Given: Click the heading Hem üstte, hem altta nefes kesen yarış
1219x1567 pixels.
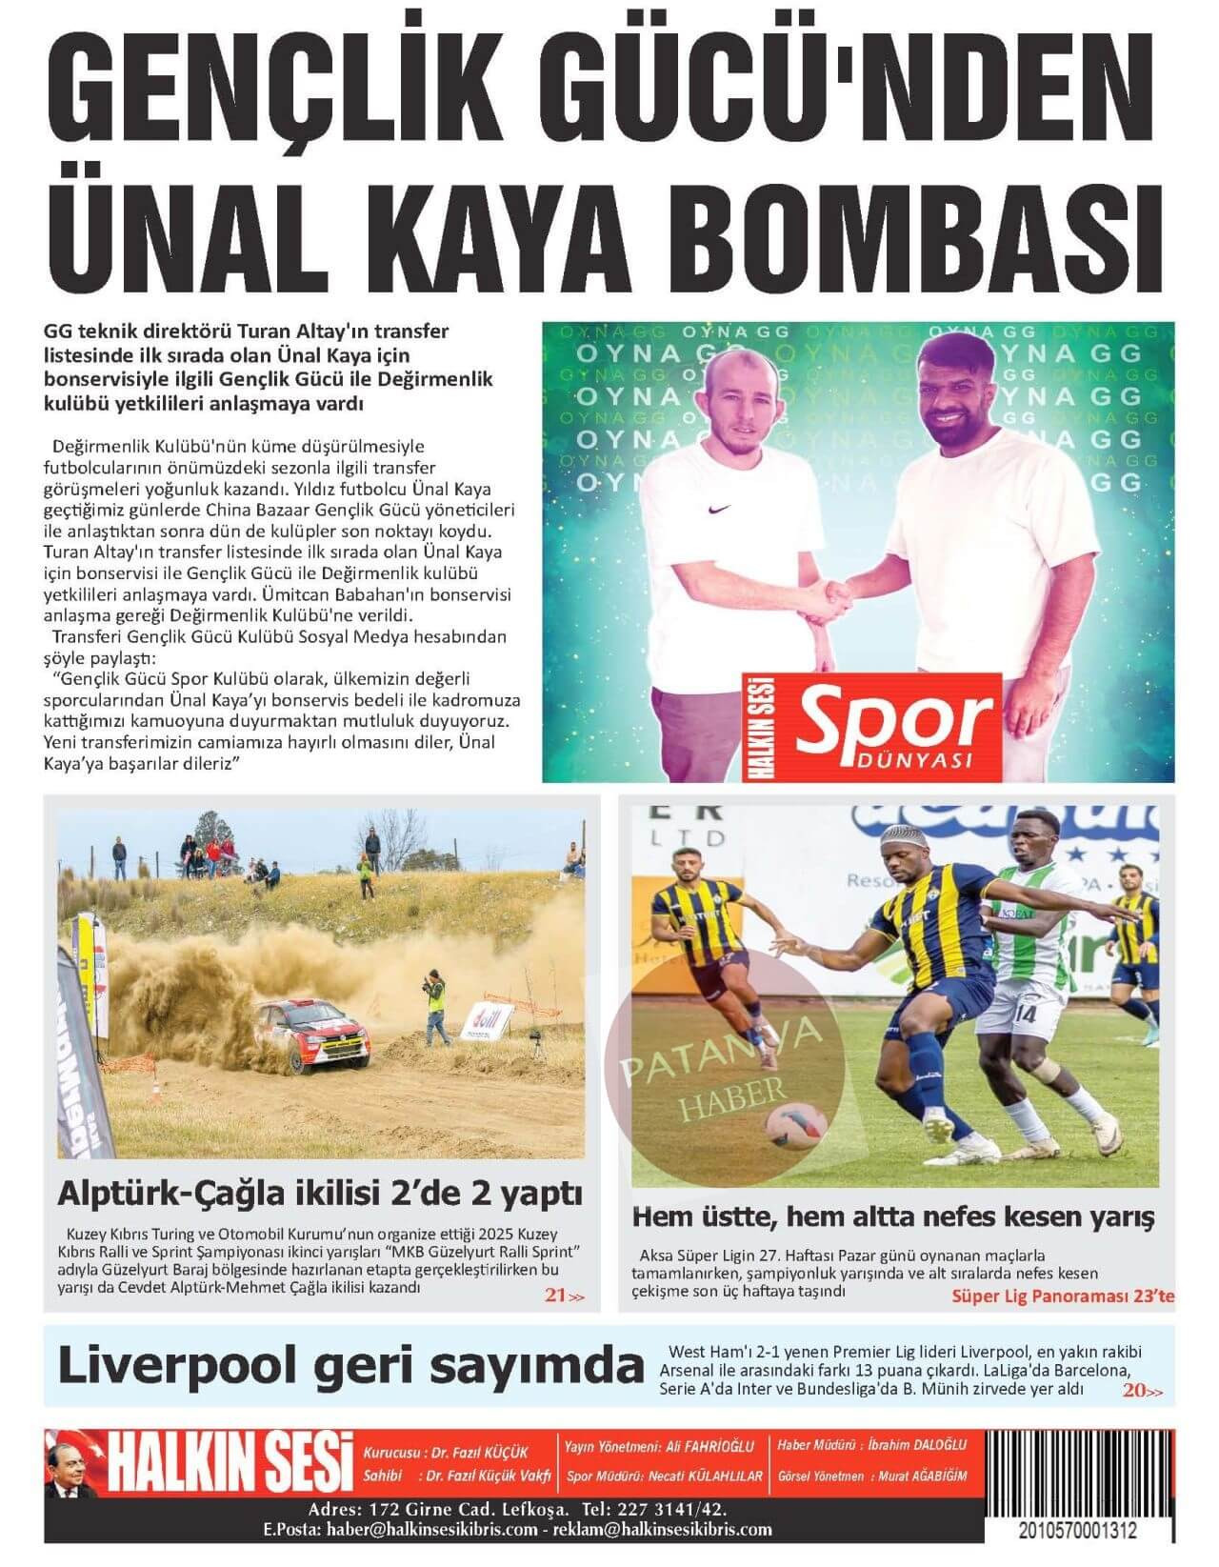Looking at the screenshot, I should pyautogui.click(x=893, y=1216).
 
